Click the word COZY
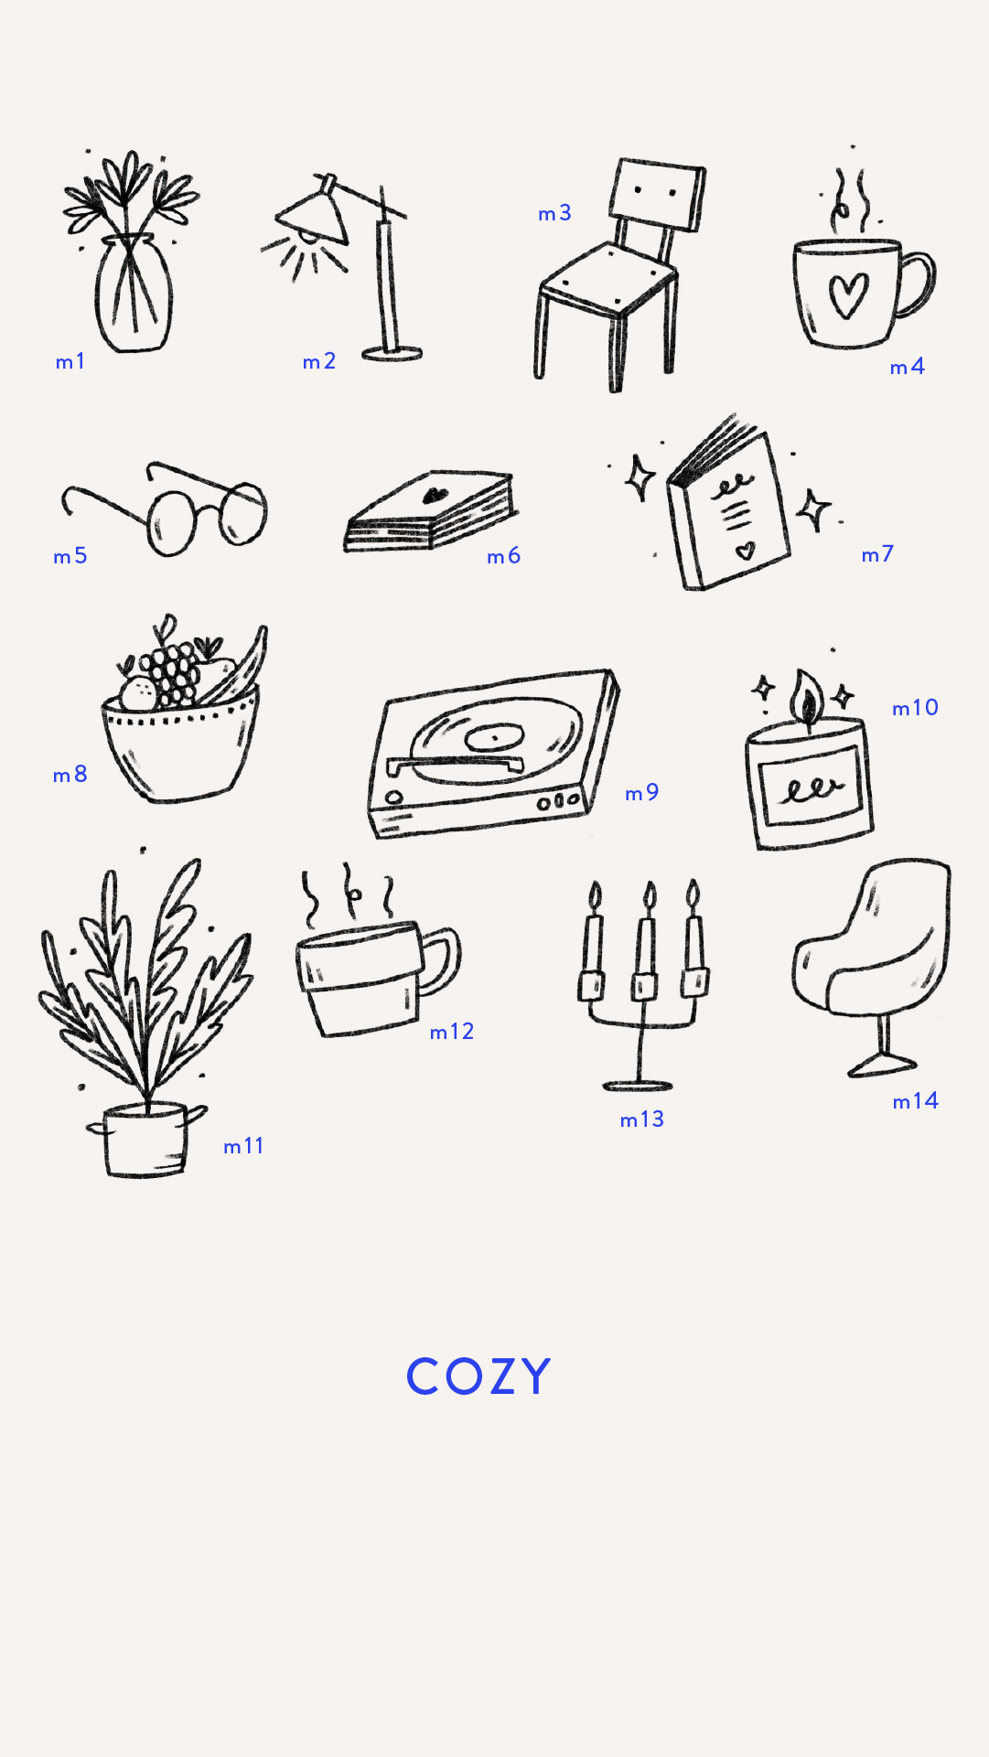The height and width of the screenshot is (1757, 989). pyautogui.click(x=478, y=1376)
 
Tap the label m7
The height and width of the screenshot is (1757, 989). pyautogui.click(x=877, y=554)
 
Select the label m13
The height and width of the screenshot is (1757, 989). pyautogui.click(x=642, y=1120)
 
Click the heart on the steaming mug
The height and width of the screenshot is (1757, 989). pyautogui.click(x=847, y=295)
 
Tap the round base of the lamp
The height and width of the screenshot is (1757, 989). pyautogui.click(x=392, y=354)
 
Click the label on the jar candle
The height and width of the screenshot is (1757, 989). pyautogui.click(x=809, y=787)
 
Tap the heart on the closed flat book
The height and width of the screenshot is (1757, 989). pyautogui.click(x=434, y=495)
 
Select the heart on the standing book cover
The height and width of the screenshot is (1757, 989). pyautogui.click(x=747, y=550)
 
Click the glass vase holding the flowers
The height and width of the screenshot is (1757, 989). pyautogui.click(x=134, y=294)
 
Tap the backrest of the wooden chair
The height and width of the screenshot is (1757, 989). pyautogui.click(x=657, y=195)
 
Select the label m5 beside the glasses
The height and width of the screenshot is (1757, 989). pyautogui.click(x=70, y=556)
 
